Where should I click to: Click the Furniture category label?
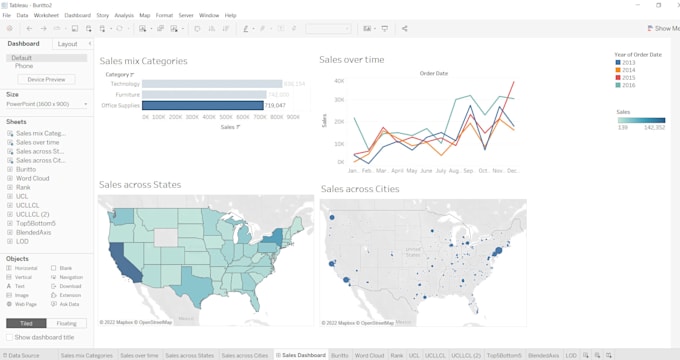(126, 94)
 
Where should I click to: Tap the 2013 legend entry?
(628, 62)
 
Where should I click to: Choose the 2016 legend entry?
(628, 85)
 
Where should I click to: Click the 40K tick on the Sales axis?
(340, 81)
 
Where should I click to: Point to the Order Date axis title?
(433, 73)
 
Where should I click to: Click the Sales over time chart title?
(351, 60)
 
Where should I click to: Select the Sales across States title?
(140, 184)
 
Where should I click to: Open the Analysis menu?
(124, 16)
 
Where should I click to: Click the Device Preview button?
(46, 79)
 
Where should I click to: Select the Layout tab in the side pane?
(68, 44)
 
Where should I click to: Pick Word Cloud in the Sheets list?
(32, 178)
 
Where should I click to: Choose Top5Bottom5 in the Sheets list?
(36, 223)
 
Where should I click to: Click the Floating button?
(66, 323)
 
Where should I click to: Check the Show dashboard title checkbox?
(9, 338)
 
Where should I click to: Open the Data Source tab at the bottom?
(23, 355)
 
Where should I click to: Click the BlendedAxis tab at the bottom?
(543, 355)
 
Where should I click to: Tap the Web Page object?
(26, 304)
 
